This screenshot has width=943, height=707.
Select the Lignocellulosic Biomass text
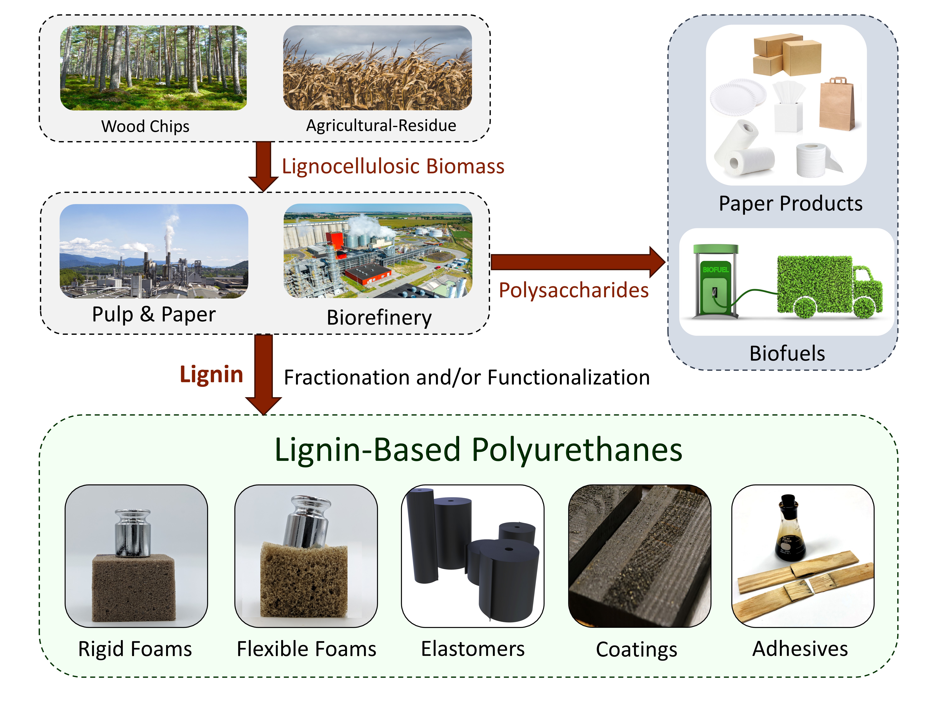tap(393, 166)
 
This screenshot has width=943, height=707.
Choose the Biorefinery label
tap(379, 318)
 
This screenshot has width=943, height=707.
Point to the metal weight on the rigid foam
tap(133, 533)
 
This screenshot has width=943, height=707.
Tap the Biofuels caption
tap(787, 353)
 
